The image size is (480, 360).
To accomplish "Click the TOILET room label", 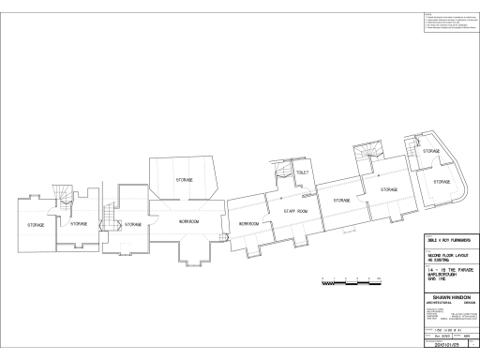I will pyautogui.click(x=302, y=172).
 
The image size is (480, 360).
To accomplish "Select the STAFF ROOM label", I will pyautogui.click(x=296, y=212).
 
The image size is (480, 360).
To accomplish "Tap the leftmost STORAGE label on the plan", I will pyautogui.click(x=36, y=225).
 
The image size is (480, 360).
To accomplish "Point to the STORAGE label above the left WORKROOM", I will pyautogui.click(x=183, y=178).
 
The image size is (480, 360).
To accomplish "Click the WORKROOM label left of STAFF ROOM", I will pyautogui.click(x=248, y=224).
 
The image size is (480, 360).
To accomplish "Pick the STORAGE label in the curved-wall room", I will pyautogui.click(x=442, y=181).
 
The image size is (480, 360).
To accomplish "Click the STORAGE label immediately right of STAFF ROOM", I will pyautogui.click(x=341, y=200).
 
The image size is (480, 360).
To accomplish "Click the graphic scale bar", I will pyautogui.click(x=346, y=280).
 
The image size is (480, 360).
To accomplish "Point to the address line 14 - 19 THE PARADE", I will pyautogui.click(x=443, y=269).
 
